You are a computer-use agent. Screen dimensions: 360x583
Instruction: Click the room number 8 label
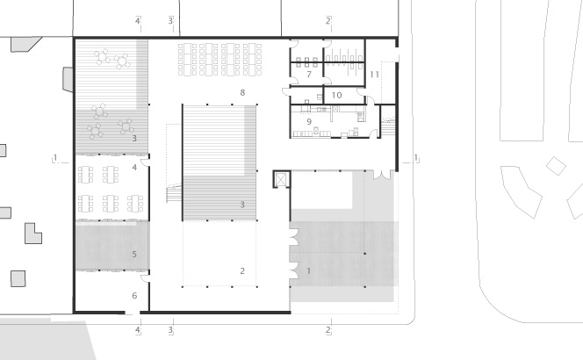[242, 91]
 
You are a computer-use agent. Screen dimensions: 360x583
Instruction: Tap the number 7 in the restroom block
[308, 76]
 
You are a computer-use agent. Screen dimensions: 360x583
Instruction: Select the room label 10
[336, 95]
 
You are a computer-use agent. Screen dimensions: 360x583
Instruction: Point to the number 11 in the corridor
[374, 76]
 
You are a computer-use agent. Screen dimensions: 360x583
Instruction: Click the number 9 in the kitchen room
[308, 120]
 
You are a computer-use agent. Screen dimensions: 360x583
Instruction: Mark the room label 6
[134, 296]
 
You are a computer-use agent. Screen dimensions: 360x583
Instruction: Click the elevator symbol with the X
[280, 179]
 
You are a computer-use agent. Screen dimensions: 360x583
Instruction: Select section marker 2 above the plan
[327, 19]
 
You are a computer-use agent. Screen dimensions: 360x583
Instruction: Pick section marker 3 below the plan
[171, 330]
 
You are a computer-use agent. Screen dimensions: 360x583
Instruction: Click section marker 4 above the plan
[138, 19]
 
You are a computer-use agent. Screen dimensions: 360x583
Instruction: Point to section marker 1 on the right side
[416, 159]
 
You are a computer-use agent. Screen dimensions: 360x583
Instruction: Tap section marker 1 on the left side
[55, 159]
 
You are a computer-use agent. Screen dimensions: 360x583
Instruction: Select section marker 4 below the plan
[138, 330]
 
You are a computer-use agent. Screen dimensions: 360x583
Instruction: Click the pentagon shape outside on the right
[555, 167]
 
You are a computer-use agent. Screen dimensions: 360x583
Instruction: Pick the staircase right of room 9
[387, 127]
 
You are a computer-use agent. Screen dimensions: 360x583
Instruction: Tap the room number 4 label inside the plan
[134, 167]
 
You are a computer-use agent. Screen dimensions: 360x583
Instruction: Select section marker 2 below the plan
[327, 330]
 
